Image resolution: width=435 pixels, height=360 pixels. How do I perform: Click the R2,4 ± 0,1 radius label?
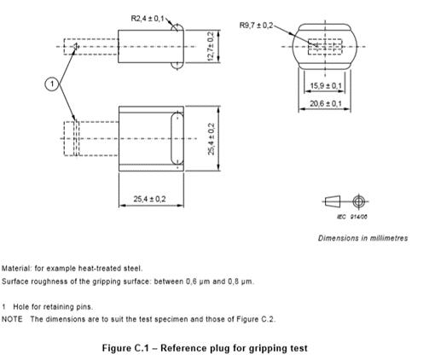(x=148, y=19)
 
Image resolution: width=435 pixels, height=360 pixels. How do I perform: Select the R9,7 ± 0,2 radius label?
(x=256, y=26)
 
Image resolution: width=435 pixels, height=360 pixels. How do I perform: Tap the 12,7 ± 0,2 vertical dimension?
(x=211, y=46)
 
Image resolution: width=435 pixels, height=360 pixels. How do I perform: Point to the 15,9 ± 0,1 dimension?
(x=326, y=85)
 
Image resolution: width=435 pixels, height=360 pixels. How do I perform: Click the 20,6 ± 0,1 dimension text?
(x=326, y=103)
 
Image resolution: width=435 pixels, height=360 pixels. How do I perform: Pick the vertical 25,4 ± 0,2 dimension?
(x=212, y=139)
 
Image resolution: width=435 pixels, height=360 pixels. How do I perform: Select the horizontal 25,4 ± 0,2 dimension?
(x=149, y=199)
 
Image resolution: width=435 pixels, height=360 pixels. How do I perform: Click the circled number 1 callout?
(x=52, y=84)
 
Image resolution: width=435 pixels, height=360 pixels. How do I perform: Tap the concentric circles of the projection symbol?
(x=359, y=201)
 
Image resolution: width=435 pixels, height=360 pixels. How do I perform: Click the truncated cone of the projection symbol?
(x=333, y=201)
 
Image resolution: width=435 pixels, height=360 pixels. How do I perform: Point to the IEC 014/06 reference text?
(x=352, y=217)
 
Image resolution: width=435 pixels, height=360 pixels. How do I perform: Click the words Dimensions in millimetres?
(x=363, y=238)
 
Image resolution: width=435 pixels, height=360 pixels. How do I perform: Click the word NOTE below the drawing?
(x=12, y=319)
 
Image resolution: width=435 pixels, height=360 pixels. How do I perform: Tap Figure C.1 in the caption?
(x=125, y=348)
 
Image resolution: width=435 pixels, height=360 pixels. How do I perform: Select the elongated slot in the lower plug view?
(x=177, y=138)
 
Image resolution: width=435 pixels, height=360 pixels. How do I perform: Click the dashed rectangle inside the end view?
(x=325, y=47)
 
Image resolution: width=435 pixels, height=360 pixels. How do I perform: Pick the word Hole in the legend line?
(x=20, y=307)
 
